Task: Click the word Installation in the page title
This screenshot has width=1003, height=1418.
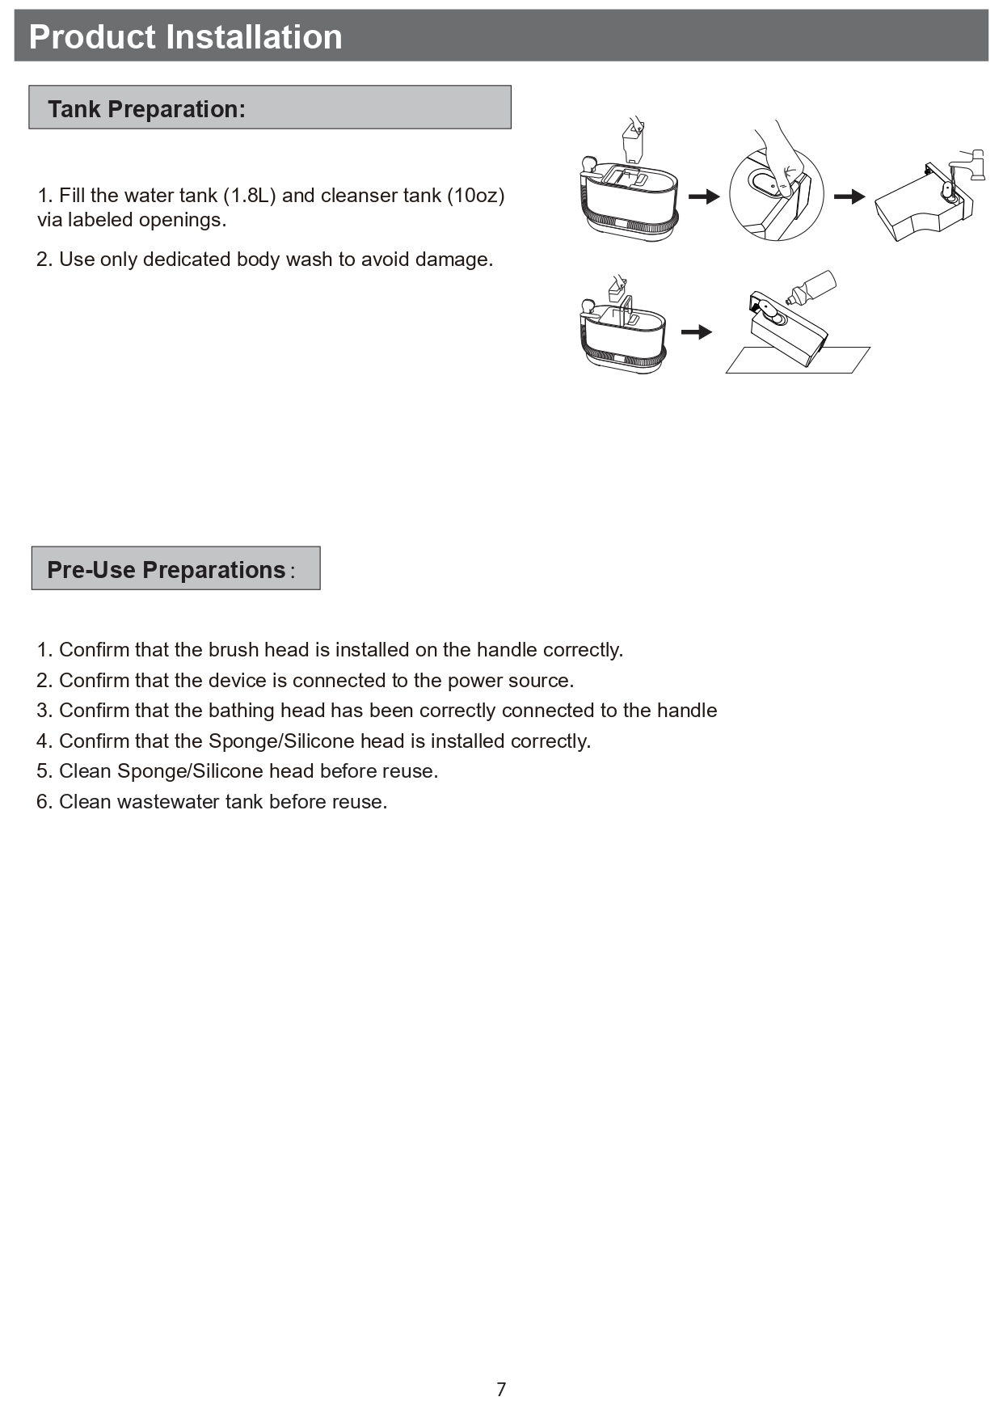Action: pyautogui.click(x=254, y=37)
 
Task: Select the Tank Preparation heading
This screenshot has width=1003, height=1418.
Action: pyautogui.click(x=146, y=109)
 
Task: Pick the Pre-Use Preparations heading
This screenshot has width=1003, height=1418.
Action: pyautogui.click(x=166, y=570)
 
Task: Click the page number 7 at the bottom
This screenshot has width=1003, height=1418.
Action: pyautogui.click(x=501, y=1390)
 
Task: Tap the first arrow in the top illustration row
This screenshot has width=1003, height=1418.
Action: pyautogui.click(x=703, y=196)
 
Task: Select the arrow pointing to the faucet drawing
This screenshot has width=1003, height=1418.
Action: pyautogui.click(x=849, y=196)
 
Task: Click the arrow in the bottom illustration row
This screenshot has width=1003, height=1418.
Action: pyautogui.click(x=696, y=332)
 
